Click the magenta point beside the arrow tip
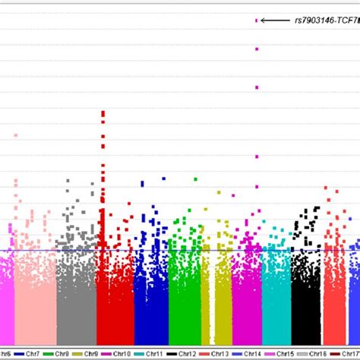coord(257,21)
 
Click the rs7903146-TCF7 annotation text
coord(326,21)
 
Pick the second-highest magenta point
coord(257,49)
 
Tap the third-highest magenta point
coord(257,88)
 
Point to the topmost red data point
coord(103,112)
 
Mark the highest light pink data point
coord(15,136)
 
